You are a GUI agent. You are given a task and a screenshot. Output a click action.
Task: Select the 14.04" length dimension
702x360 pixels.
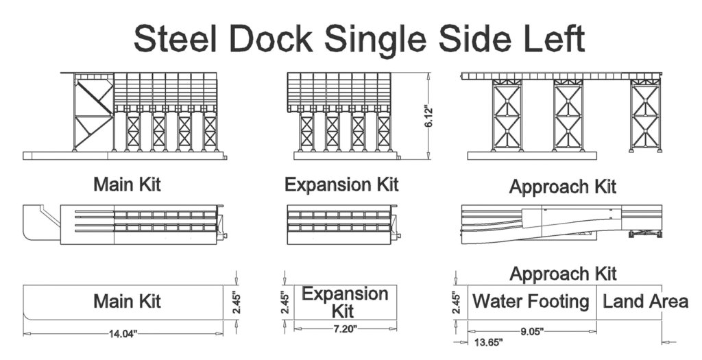[x=123, y=334]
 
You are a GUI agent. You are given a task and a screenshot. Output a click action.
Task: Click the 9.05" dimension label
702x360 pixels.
[x=531, y=331]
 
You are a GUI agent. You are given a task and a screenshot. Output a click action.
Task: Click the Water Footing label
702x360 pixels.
[x=531, y=301]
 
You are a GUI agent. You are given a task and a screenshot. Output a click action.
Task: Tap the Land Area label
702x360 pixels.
[x=645, y=301]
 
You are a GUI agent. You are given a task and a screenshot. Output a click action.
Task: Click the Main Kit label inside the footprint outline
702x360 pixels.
[x=127, y=302]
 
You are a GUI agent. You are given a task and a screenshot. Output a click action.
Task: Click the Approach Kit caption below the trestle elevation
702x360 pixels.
[x=562, y=187]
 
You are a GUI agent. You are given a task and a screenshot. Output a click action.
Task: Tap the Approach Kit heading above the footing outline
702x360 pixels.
[x=562, y=274]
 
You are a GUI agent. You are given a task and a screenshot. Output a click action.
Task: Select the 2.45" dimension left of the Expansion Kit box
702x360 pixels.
[x=286, y=302]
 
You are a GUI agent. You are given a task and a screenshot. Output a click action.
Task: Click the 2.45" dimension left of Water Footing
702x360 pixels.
[x=456, y=302]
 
